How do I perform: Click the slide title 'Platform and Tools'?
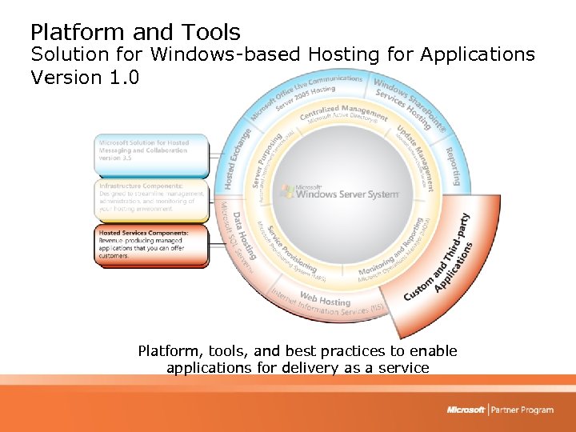pos(135,33)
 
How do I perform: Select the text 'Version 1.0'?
pos(85,78)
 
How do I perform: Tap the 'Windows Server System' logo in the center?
pos(340,192)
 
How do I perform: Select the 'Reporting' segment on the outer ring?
pos(453,166)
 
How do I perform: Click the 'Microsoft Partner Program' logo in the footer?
pos(500,410)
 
